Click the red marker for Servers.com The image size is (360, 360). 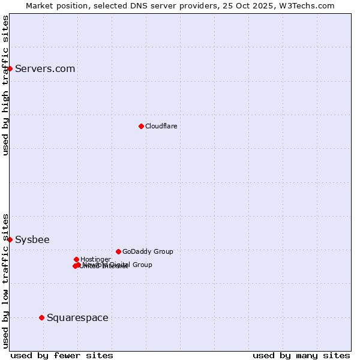pos(10,68)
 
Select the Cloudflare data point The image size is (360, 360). pos(141,126)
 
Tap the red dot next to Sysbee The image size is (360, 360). pos(10,239)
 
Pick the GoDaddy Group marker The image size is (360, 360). pos(118,251)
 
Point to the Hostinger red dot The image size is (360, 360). pos(76,259)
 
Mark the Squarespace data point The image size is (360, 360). pos(41,317)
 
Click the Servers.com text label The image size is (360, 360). pos(45,68)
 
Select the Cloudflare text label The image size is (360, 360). pos(161,126)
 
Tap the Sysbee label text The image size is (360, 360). pos(32,239)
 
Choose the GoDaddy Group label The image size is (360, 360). pos(148,251)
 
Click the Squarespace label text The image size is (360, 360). pos(77,317)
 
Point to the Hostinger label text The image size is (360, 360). pos(95,259)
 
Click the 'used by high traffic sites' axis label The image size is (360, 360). pos(5,85)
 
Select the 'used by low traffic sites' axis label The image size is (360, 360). pos(5,280)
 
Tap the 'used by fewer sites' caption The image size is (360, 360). pos(62,355)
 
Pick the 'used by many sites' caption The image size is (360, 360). pos(301,355)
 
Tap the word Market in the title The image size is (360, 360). pos(39,5)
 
